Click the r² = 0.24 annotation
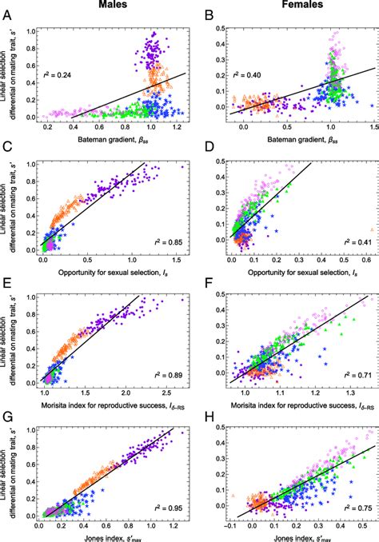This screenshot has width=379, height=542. tap(56, 78)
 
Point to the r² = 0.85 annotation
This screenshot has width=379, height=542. tap(165, 238)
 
